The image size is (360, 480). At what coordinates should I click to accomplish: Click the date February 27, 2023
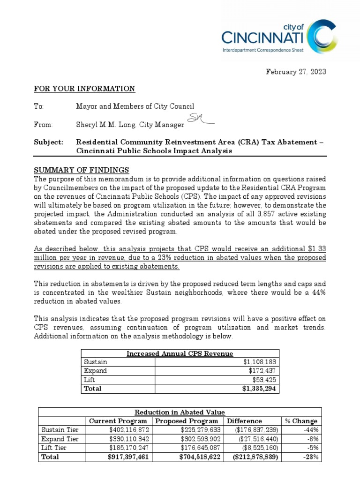pyautogui.click(x=296, y=72)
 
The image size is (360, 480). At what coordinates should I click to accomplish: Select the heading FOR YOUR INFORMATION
pyautogui.click(x=84, y=89)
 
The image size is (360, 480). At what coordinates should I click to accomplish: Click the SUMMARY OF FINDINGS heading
pyautogui.click(x=82, y=170)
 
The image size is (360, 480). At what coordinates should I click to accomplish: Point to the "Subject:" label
pyautogui.click(x=48, y=142)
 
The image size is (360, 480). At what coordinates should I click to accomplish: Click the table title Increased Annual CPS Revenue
pyautogui.click(x=180, y=353)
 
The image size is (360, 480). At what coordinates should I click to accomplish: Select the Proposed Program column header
pyautogui.click(x=187, y=421)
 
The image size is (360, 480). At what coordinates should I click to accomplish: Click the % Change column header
pyautogui.click(x=301, y=421)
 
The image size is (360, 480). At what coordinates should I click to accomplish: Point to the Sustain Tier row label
pyautogui.click(x=60, y=430)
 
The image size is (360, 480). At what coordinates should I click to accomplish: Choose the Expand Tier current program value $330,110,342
pyautogui.click(x=128, y=439)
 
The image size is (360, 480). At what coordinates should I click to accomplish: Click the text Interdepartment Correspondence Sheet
pyautogui.click(x=262, y=50)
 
